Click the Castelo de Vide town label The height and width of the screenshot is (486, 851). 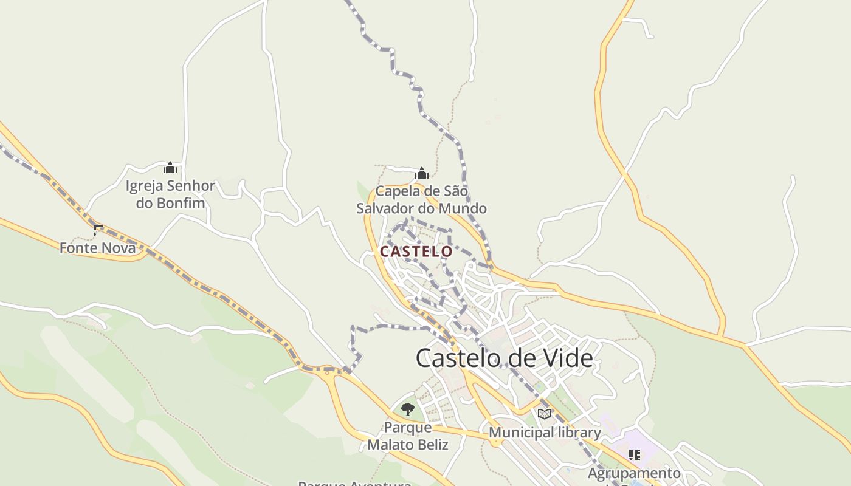(x=504, y=358)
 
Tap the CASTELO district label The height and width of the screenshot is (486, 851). (x=416, y=252)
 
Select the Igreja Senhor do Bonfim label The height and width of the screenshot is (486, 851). (x=170, y=194)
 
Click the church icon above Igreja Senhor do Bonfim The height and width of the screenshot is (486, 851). (x=170, y=168)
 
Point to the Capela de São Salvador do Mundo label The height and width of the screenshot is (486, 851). (x=421, y=200)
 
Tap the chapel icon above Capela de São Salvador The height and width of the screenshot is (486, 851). (x=422, y=173)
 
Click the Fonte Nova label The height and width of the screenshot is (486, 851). (x=97, y=247)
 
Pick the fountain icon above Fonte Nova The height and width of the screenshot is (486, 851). (x=98, y=230)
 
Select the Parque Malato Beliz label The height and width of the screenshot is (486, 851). (x=407, y=436)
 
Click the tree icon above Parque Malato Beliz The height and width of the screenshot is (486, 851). (x=408, y=409)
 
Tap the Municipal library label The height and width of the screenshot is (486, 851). (x=545, y=433)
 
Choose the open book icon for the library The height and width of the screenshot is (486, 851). (x=545, y=414)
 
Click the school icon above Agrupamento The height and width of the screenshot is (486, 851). (x=635, y=454)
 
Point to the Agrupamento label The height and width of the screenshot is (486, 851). (x=634, y=473)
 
